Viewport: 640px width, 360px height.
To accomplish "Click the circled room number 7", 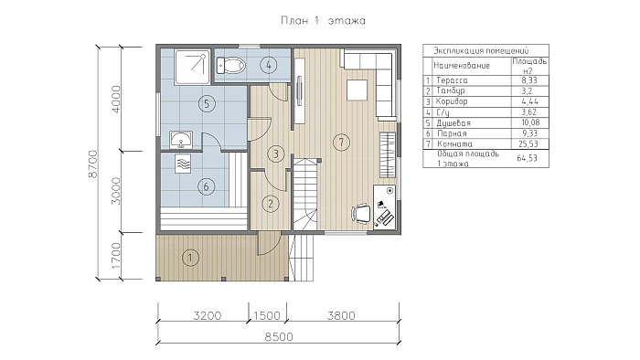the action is (x=341, y=143).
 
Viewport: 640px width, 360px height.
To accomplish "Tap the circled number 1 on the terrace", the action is (x=190, y=258).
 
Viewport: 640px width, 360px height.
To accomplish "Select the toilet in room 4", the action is (x=230, y=65).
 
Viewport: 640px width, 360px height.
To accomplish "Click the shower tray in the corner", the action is (x=192, y=67).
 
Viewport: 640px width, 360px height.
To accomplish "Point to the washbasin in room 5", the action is (x=181, y=140).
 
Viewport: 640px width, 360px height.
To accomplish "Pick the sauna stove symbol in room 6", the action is (x=183, y=164).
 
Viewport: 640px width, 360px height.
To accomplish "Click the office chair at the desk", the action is (x=361, y=214).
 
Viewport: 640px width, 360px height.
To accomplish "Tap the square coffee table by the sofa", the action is (x=357, y=90).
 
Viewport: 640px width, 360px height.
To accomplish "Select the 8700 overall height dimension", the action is (x=93, y=164).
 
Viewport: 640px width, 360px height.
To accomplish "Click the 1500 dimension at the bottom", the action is (x=267, y=315).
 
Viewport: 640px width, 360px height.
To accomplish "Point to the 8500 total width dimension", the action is (x=279, y=337).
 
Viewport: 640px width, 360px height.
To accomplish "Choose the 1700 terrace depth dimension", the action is (x=116, y=256).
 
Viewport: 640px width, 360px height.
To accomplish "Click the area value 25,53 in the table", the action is (x=528, y=144).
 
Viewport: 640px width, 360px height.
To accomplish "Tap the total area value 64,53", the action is (x=528, y=158).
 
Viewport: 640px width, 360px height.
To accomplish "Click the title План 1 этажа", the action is (x=323, y=20).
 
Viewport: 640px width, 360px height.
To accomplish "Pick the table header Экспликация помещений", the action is (x=481, y=50).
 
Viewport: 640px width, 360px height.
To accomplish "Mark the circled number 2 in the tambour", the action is (x=271, y=204).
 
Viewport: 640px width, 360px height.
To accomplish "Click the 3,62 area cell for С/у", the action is (x=529, y=112).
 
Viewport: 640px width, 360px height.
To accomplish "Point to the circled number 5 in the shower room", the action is (x=207, y=103).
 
